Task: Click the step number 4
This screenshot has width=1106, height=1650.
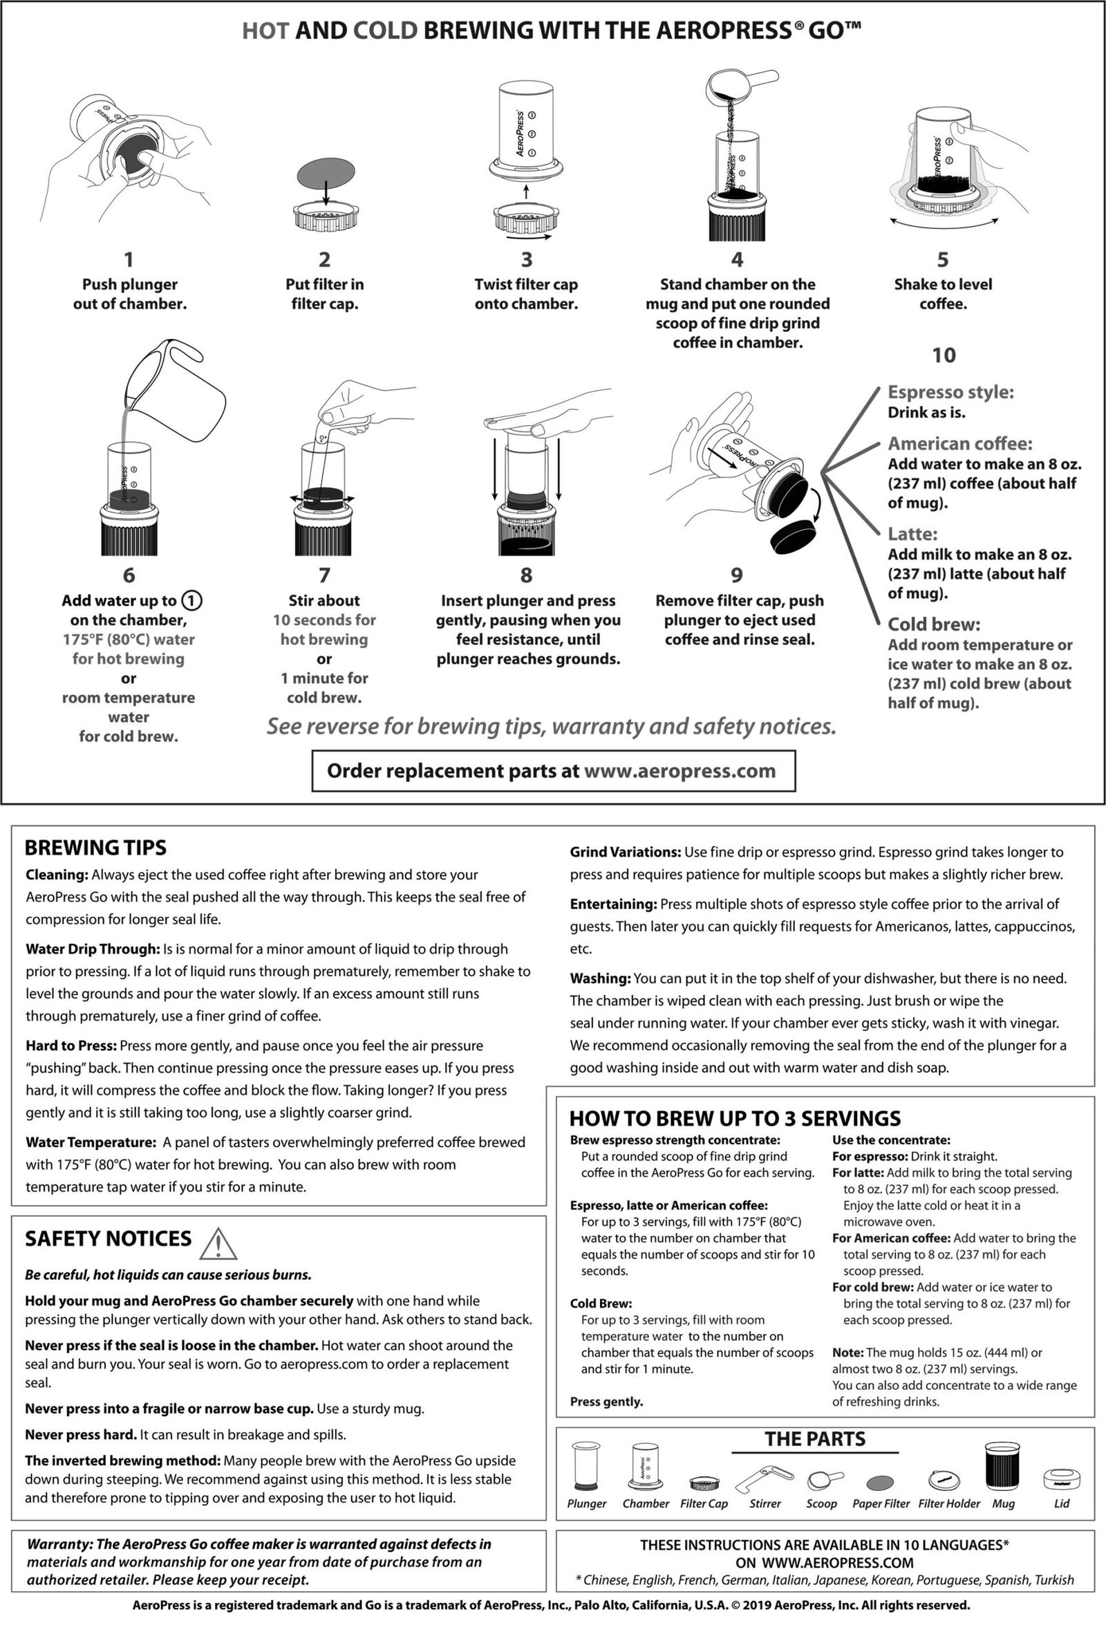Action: tap(737, 259)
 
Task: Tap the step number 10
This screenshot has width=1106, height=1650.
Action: tap(944, 355)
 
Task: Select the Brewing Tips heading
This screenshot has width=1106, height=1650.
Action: tap(95, 847)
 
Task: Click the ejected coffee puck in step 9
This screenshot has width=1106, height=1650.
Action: tap(792, 538)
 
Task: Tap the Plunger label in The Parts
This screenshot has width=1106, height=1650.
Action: tap(586, 1503)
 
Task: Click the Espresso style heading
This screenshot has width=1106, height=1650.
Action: tap(950, 391)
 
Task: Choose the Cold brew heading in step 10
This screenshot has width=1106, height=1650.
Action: tap(934, 624)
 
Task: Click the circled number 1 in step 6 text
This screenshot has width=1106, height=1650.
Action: tap(192, 601)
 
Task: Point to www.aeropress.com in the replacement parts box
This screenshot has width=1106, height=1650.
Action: tap(680, 770)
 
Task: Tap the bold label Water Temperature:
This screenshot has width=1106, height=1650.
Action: tap(91, 1142)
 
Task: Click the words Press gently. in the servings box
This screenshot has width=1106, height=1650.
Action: tap(607, 1402)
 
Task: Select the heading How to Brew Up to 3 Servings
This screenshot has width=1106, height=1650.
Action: tap(734, 1118)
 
